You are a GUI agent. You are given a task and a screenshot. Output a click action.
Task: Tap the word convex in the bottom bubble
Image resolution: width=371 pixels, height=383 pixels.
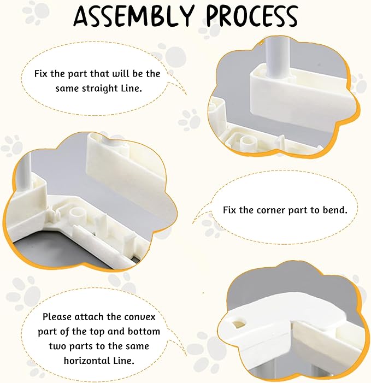click(140, 317)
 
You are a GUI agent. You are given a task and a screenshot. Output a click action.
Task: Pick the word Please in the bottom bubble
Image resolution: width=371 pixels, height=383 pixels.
click(57, 317)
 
